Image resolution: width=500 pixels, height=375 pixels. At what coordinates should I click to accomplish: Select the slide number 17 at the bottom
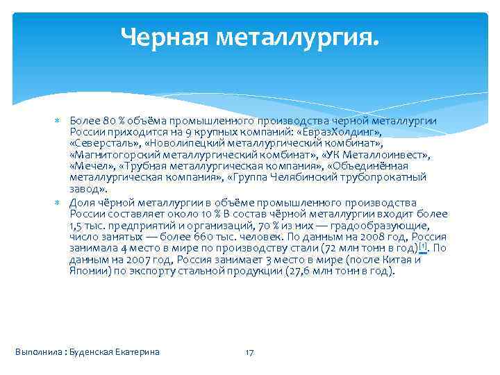tap(249, 352)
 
